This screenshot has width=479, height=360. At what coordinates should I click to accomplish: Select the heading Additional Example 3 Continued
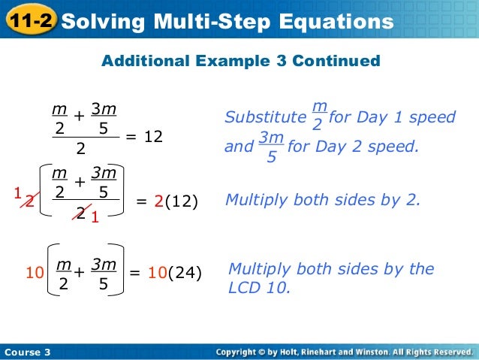click(x=240, y=60)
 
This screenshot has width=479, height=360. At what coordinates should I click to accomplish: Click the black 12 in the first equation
click(x=153, y=138)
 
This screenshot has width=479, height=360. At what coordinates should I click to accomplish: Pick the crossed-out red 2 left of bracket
click(x=29, y=201)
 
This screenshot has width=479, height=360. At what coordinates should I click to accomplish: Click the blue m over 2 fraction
click(x=317, y=116)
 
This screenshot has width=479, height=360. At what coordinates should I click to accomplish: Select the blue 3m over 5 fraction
click(x=270, y=146)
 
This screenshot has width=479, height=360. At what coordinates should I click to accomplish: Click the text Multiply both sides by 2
click(x=323, y=201)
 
